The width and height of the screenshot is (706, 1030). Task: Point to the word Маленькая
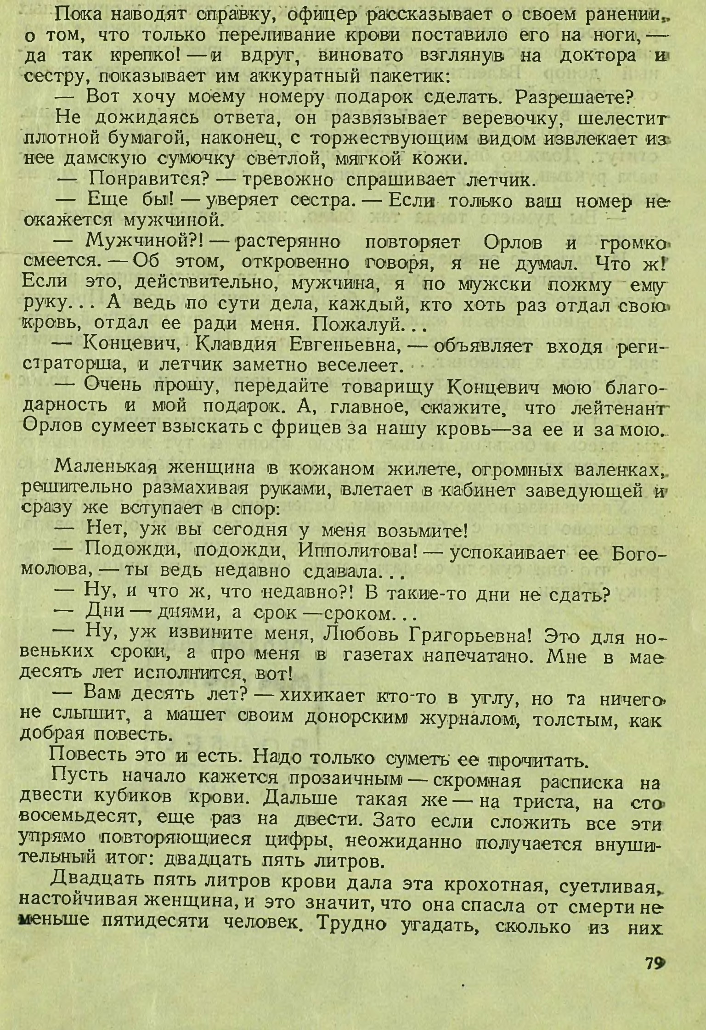(106, 469)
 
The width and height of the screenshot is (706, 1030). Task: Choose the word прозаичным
(346, 782)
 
